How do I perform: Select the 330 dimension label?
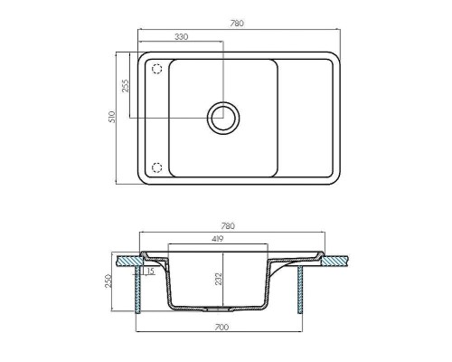click(180, 37)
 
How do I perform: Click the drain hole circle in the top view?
click(222, 116)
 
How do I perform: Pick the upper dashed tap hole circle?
click(156, 68)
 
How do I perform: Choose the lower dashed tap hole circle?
click(156, 167)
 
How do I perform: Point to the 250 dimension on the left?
click(108, 281)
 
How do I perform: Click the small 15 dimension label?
click(150, 270)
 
